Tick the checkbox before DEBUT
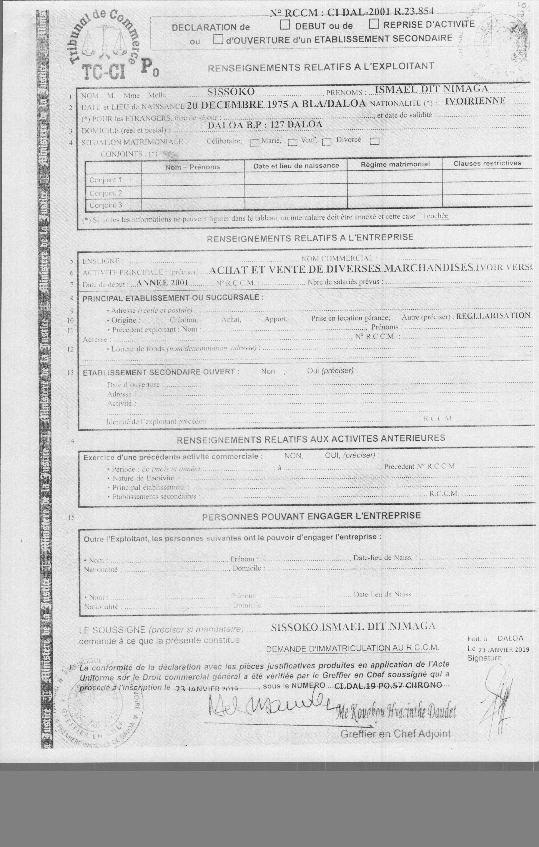(x=285, y=25)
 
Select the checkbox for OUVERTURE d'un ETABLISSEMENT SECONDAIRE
(x=218, y=39)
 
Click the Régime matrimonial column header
(x=395, y=164)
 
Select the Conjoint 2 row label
(x=106, y=193)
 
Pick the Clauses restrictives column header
(x=487, y=163)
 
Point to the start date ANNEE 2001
(x=162, y=283)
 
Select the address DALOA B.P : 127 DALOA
(x=265, y=125)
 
